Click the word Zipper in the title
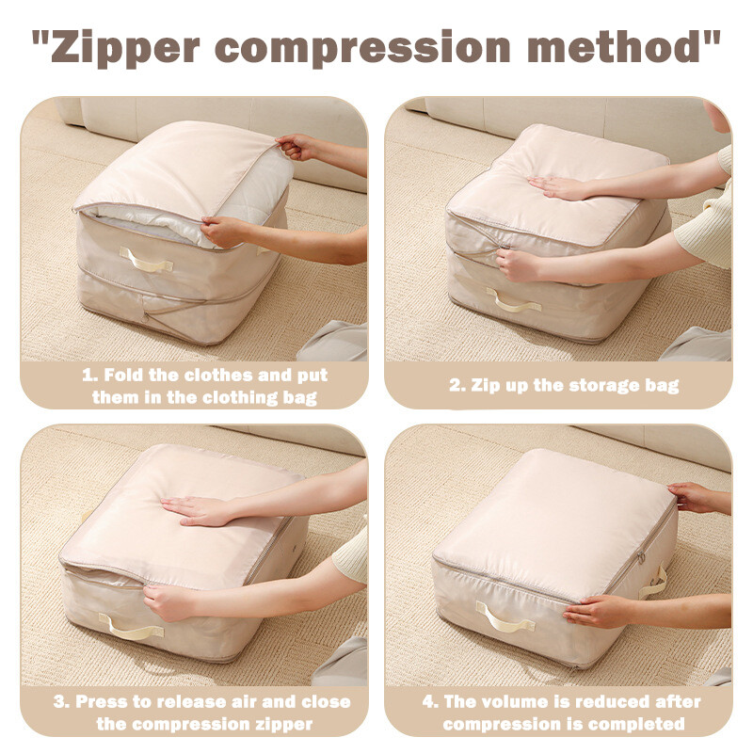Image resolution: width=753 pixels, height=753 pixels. click(x=125, y=49)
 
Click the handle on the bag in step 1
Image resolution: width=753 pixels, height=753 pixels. click(x=146, y=260)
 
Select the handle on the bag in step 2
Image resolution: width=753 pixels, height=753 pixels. click(x=513, y=300)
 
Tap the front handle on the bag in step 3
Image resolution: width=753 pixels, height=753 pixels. click(x=131, y=627)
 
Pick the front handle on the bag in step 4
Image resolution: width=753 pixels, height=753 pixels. click(x=505, y=617)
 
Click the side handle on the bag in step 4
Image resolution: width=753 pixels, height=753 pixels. click(x=655, y=583)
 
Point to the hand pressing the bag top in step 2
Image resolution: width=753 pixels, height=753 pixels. click(x=558, y=187)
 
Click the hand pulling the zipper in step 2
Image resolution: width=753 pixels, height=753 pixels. click(x=518, y=264)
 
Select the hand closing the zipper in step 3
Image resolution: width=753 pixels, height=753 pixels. click(x=169, y=601)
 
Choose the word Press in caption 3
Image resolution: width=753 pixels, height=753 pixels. click(x=101, y=701)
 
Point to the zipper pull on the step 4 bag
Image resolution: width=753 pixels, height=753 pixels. click(x=641, y=557)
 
